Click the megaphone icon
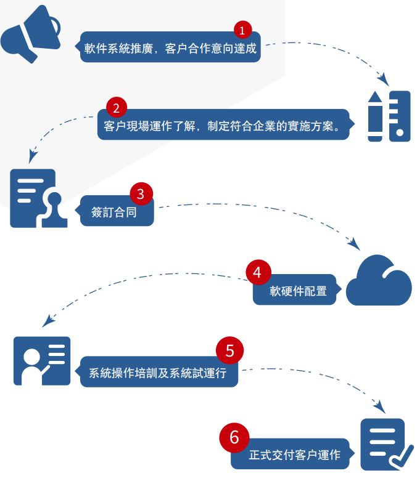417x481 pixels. coord(31,34)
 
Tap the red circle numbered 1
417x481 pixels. coord(242,30)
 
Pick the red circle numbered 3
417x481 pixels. coord(141,194)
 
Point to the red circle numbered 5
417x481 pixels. coord(229,351)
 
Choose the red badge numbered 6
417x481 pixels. coord(234,437)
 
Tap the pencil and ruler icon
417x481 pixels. coord(389,116)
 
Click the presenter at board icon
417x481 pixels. coord(42,360)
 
